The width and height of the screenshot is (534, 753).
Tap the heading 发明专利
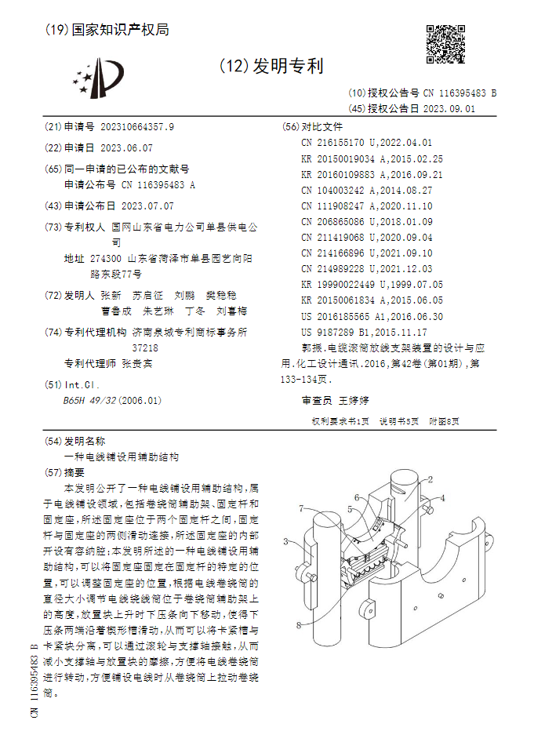(285, 66)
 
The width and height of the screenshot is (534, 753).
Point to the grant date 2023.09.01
(449, 109)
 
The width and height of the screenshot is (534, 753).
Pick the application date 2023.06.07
(126, 147)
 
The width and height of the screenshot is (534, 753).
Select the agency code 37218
(144, 347)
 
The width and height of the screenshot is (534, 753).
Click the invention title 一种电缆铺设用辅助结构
(121, 456)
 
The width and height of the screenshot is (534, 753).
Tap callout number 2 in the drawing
(430, 479)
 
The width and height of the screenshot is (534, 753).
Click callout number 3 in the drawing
(286, 541)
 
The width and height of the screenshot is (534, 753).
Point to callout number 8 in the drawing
(298, 625)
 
